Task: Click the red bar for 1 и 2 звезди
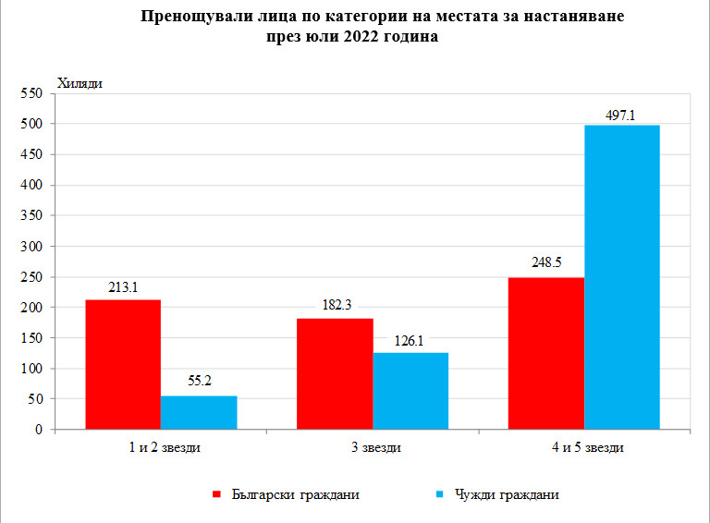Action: pyautogui.click(x=123, y=364)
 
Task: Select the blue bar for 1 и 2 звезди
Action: pyautogui.click(x=199, y=412)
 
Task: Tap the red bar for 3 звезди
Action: pyautogui.click(x=335, y=373)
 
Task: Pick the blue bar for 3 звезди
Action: pyautogui.click(x=410, y=391)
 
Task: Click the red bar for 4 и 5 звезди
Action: pyautogui.click(x=546, y=353)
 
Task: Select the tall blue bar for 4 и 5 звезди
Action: pyautogui.click(x=622, y=277)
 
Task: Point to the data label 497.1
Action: pyautogui.click(x=622, y=116)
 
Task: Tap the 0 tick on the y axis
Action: pyautogui.click(x=40, y=430)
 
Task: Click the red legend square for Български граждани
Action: pyautogui.click(x=218, y=494)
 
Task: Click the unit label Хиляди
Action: pyautogui.click(x=80, y=83)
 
